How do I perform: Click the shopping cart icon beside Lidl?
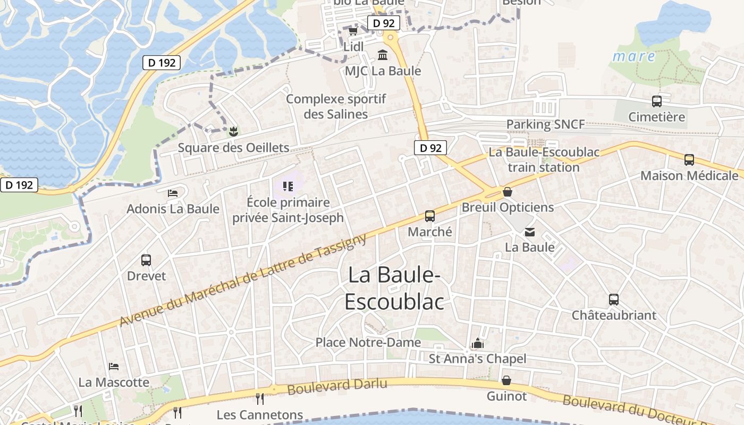tap(353, 31)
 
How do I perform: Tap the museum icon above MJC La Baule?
tap(383, 55)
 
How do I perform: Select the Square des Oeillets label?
tap(233, 148)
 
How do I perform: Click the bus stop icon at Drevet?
tap(146, 260)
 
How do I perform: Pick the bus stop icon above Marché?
tap(430, 216)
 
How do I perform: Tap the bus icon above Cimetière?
tap(657, 101)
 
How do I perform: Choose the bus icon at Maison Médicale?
tap(689, 159)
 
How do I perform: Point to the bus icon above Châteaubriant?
tap(614, 299)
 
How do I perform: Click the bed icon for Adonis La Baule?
tap(173, 193)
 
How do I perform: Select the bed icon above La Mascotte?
tap(114, 366)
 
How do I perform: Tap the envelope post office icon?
tap(530, 232)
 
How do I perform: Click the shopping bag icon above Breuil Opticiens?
tap(508, 191)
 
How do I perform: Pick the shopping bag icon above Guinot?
tap(506, 380)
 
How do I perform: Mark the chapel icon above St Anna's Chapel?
tap(477, 343)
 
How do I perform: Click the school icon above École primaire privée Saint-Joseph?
tap(288, 186)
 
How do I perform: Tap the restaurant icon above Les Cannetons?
tap(260, 398)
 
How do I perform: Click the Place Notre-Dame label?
tap(368, 343)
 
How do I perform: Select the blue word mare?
tap(634, 56)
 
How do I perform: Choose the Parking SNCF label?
tap(545, 124)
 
